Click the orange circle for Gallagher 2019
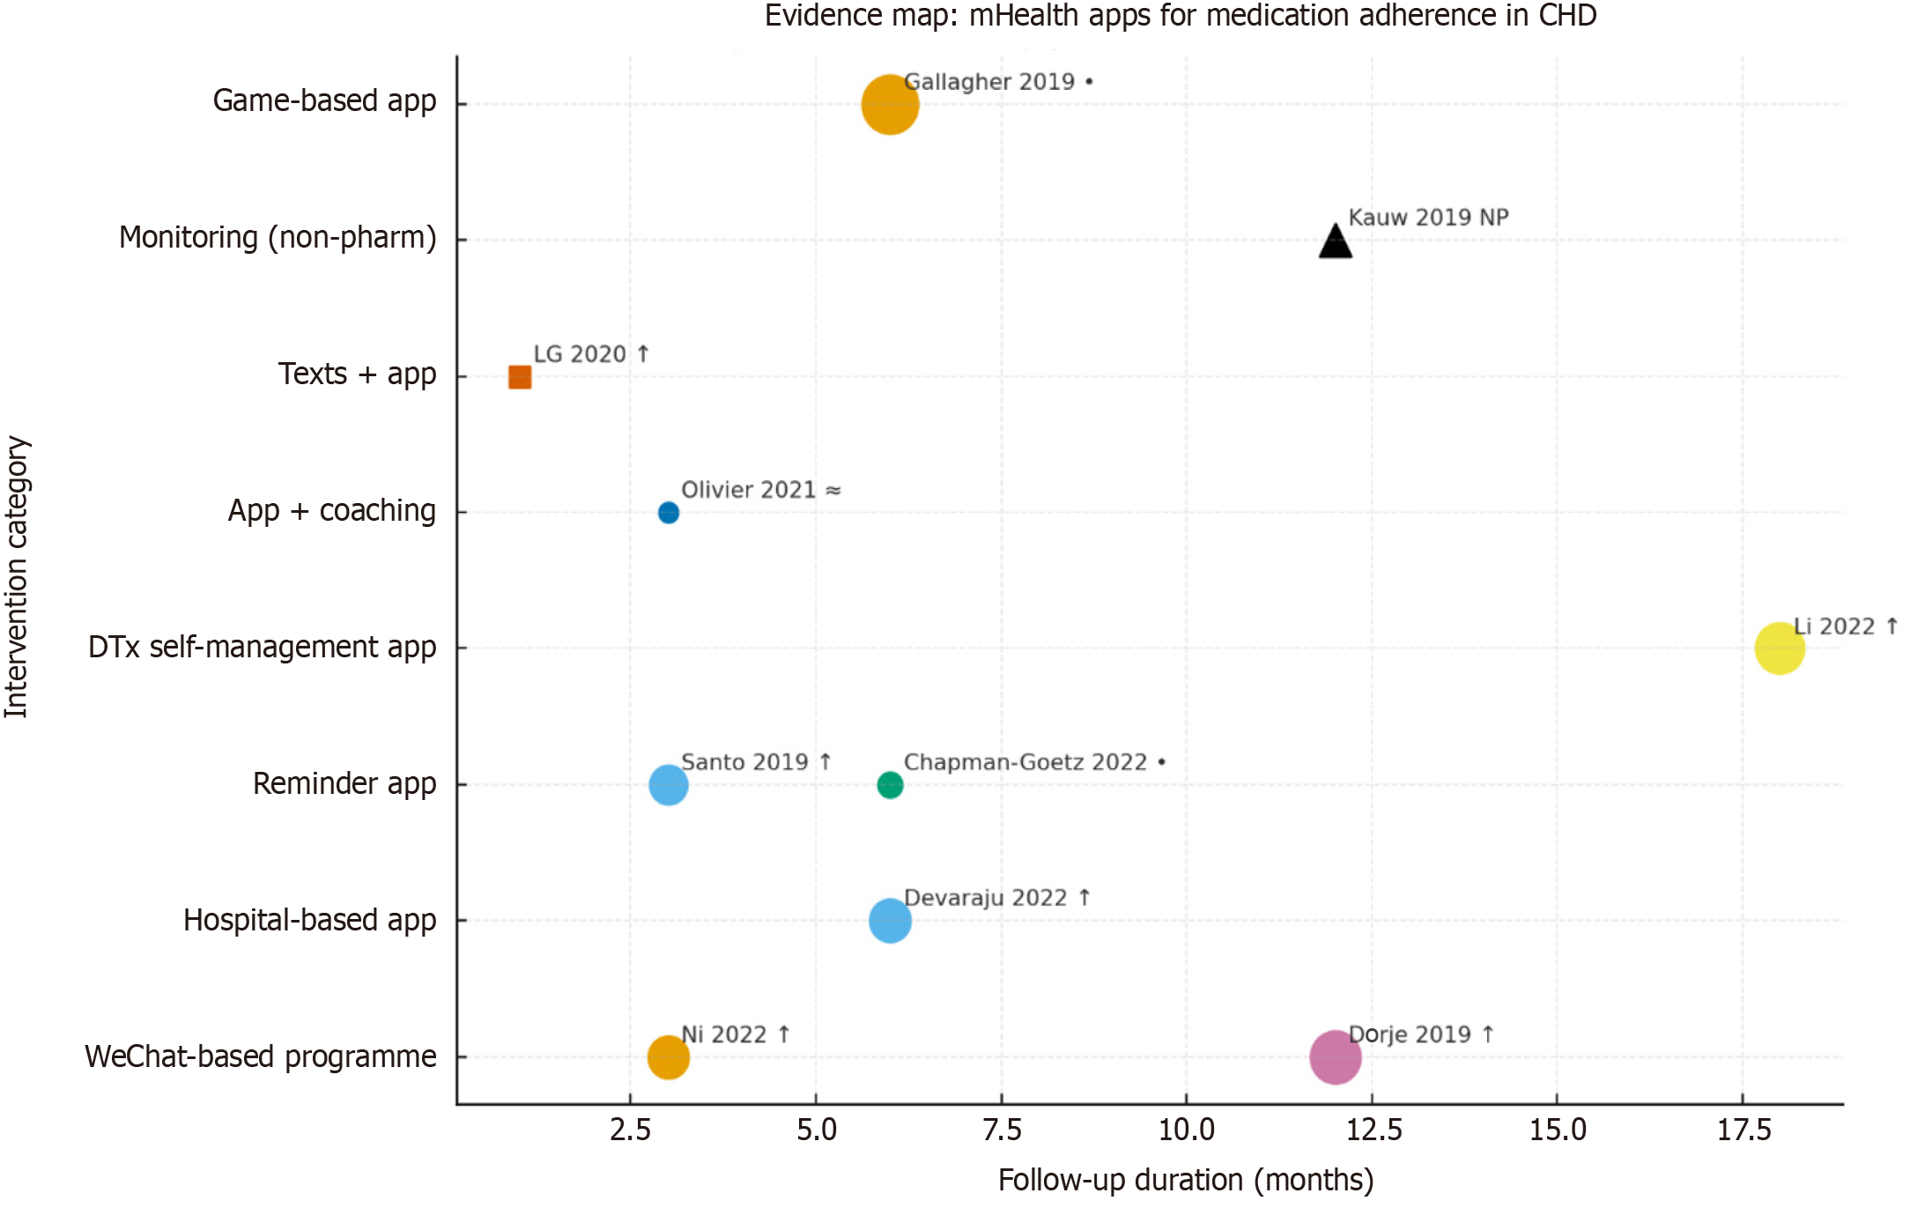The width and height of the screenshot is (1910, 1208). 890,105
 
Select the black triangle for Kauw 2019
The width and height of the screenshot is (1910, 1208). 1336,242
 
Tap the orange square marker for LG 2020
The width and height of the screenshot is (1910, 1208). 520,377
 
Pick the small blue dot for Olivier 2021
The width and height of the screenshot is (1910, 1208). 669,513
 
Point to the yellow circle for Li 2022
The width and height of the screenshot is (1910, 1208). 1780,648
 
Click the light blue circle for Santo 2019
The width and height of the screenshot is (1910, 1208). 669,784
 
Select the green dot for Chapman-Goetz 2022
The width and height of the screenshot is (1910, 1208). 890,784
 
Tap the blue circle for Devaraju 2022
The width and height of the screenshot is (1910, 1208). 890,921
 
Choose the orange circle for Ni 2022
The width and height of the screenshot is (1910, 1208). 669,1056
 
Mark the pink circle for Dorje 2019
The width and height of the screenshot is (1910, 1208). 1336,1056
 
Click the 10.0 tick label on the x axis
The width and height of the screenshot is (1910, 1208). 1187,1130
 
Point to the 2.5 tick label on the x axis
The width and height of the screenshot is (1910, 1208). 631,1130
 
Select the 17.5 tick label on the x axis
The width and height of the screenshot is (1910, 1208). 1743,1130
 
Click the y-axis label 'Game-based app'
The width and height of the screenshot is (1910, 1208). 324,101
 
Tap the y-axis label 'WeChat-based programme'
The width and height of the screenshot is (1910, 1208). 261,1056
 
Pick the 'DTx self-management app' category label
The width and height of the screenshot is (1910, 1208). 263,648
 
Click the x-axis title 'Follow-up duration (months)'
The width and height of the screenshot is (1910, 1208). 1186,1181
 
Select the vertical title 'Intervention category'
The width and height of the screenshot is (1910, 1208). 17,577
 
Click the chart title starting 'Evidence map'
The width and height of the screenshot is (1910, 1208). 1181,16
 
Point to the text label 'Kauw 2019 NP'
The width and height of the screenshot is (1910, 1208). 1428,218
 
